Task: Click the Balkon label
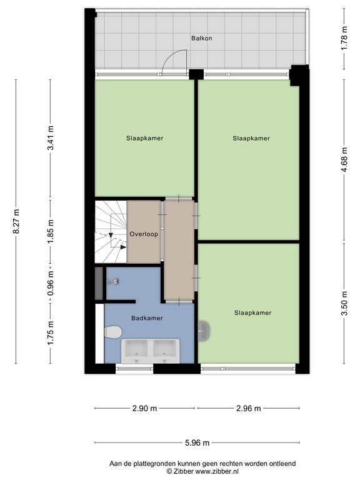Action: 201,38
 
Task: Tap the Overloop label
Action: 144,234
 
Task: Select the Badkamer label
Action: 147,318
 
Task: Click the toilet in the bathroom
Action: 113,332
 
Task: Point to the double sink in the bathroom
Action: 151,351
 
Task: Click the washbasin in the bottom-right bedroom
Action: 204,331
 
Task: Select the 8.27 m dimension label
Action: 16,222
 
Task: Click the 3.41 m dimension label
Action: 51,138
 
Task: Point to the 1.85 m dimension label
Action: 51,232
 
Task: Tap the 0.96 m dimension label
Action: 51,284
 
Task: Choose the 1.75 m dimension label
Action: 51,333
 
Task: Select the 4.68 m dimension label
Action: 344,160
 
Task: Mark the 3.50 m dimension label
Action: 344,303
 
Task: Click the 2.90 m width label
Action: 144,408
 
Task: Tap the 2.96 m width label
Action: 249,408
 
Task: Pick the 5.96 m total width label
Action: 197,442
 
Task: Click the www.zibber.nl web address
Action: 217,471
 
